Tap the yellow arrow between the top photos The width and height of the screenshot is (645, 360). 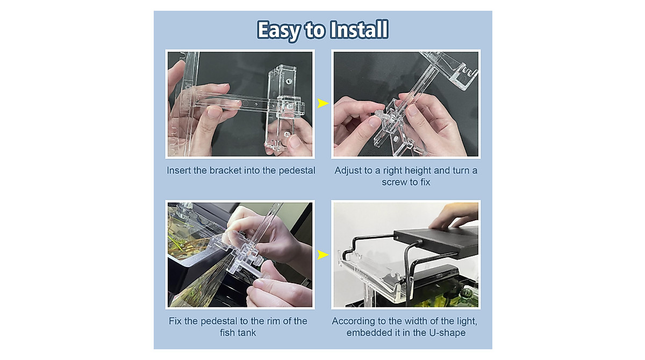pyautogui.click(x=322, y=103)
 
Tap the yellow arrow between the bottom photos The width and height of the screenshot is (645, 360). pyautogui.click(x=322, y=254)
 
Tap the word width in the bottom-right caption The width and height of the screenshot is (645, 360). pyautogui.click(x=408, y=321)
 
